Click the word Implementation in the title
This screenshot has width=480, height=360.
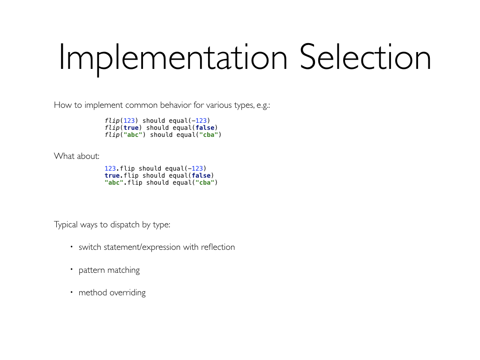[173, 58]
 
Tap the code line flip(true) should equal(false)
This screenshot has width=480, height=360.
[161, 127]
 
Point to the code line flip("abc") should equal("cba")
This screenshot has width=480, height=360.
[163, 135]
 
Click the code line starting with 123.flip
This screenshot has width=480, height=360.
[155, 168]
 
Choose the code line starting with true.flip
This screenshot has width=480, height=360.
[159, 175]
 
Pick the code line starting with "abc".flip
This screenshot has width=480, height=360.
[161, 182]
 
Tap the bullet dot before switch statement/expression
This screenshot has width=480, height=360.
[72, 247]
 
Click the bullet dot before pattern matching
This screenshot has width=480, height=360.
[72, 270]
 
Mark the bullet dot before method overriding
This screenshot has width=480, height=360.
[72, 292]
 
